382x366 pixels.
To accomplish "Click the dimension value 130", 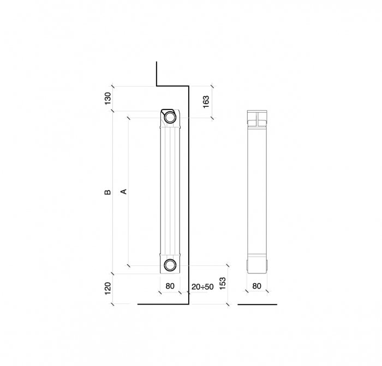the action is coord(108,99).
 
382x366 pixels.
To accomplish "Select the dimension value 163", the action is coord(206,102).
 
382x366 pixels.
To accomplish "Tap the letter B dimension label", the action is coord(108,192).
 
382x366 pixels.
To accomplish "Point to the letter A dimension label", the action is coord(124,192).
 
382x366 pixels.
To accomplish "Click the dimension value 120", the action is coord(108,289).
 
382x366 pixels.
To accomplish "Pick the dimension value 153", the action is coord(223,283).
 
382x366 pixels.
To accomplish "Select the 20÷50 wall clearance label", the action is coord(202,287).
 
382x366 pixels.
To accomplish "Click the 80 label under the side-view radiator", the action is coord(257,286).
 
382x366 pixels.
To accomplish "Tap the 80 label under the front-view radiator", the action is coord(170,286).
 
